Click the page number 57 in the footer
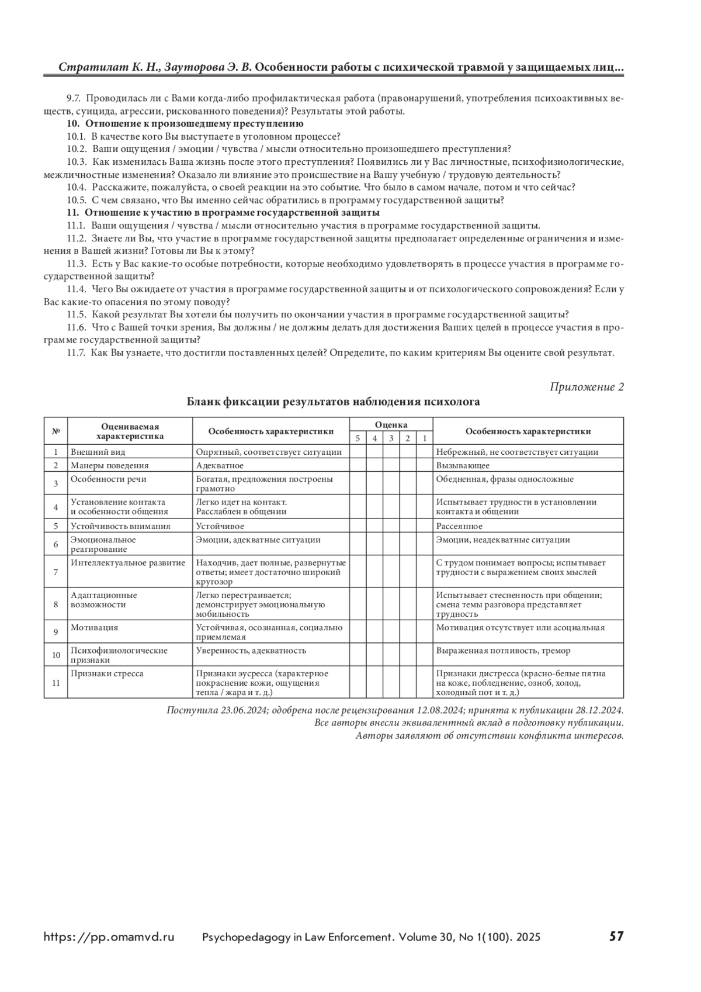[616, 936]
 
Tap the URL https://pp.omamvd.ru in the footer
[109, 937]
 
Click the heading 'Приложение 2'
[587, 387]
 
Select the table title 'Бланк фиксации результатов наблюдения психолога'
[333, 402]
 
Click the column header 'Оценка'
[391, 425]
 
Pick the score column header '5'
[358, 438]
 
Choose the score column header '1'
[425, 438]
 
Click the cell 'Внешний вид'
[98, 452]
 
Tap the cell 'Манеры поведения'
[109, 466]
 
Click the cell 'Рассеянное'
[459, 526]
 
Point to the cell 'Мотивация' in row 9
[94, 628]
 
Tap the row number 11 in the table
[56, 682]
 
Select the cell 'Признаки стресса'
[107, 673]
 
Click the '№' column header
[56, 431]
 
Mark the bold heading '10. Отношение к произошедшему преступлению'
[185, 124]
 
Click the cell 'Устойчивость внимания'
[120, 526]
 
